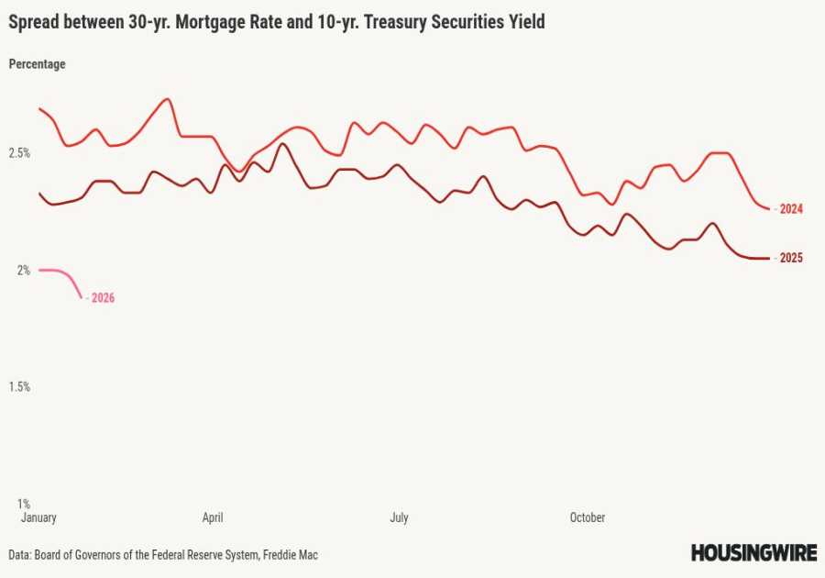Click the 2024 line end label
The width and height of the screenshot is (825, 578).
(x=791, y=209)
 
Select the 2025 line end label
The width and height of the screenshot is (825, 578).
(x=791, y=258)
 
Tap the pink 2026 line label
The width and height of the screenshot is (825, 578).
(x=103, y=298)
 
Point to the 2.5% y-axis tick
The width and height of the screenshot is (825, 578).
(x=20, y=153)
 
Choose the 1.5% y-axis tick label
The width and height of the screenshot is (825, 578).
(x=20, y=386)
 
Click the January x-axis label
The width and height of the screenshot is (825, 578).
(x=39, y=517)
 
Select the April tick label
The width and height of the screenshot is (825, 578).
(x=213, y=517)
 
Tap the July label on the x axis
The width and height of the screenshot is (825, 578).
(x=399, y=517)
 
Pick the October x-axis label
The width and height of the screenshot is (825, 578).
(x=587, y=517)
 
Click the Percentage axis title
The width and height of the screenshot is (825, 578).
(x=37, y=64)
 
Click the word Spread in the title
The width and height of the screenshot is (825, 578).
(x=34, y=22)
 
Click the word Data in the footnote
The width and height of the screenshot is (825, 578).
(x=19, y=555)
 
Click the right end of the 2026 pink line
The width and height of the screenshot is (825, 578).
(x=82, y=296)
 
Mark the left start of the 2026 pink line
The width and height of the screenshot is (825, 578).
(x=40, y=270)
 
